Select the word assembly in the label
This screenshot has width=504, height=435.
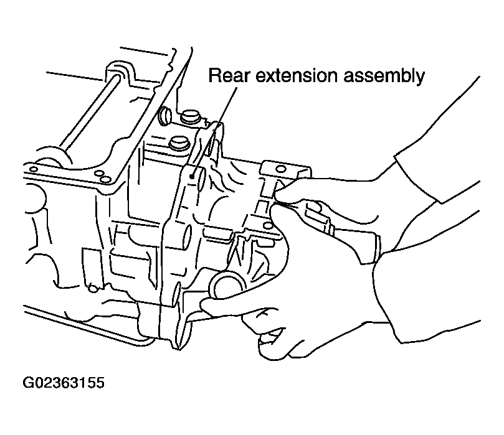[x=387, y=77]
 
